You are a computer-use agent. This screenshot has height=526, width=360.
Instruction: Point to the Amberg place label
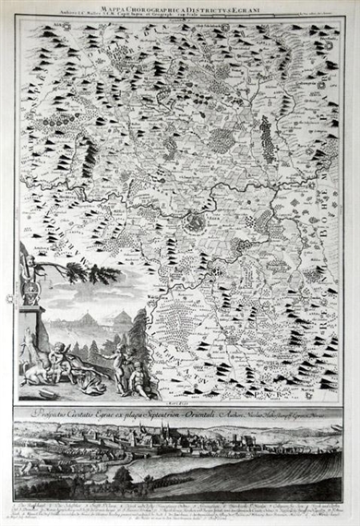point(38,248)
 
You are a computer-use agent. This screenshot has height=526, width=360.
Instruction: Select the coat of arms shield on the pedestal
point(27,296)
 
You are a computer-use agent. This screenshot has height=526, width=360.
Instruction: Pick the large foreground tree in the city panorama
point(121,478)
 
